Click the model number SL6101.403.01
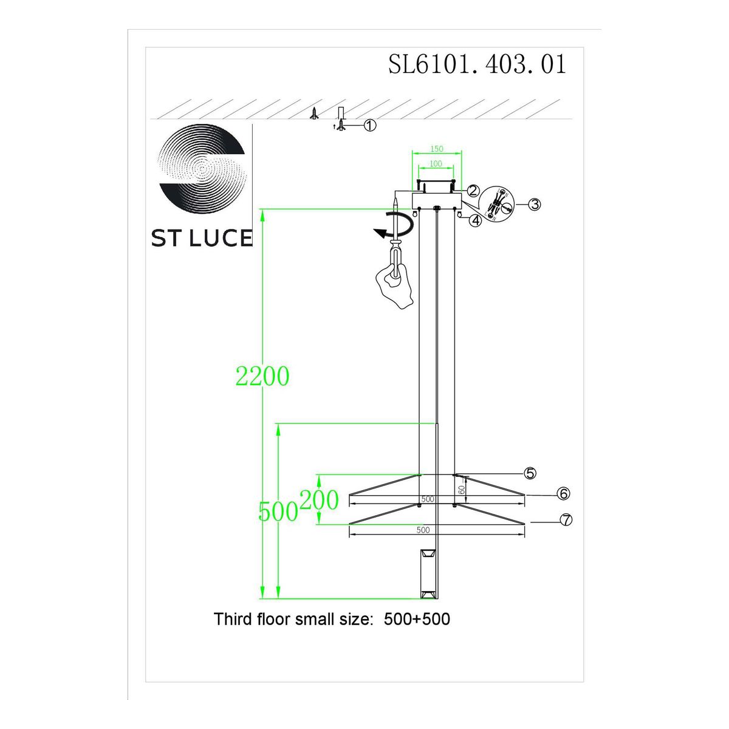(477, 64)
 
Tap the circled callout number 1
(370, 125)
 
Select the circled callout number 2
(474, 190)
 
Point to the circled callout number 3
(534, 204)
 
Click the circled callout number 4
(475, 221)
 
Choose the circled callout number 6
(563, 493)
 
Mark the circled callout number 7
(566, 520)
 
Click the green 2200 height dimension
(262, 377)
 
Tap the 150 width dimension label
(437, 149)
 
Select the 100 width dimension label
(436, 164)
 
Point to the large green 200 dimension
(319, 501)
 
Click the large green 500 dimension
(278, 512)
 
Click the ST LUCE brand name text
(202, 238)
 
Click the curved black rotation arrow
(394, 227)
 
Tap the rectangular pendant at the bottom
(428, 573)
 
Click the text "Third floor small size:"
(292, 620)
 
